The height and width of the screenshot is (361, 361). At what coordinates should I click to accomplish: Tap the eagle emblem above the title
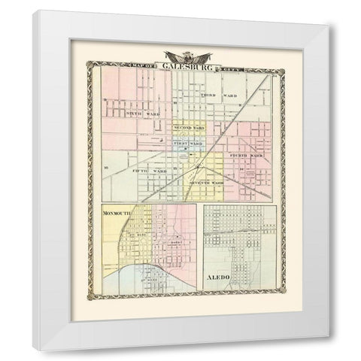pyautogui.click(x=185, y=54)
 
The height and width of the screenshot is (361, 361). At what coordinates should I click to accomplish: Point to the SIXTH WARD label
pyautogui.click(x=143, y=114)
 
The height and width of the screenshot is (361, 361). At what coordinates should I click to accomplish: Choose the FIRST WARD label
pyautogui.click(x=187, y=143)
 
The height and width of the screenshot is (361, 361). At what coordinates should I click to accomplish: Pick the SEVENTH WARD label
pyautogui.click(x=208, y=184)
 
